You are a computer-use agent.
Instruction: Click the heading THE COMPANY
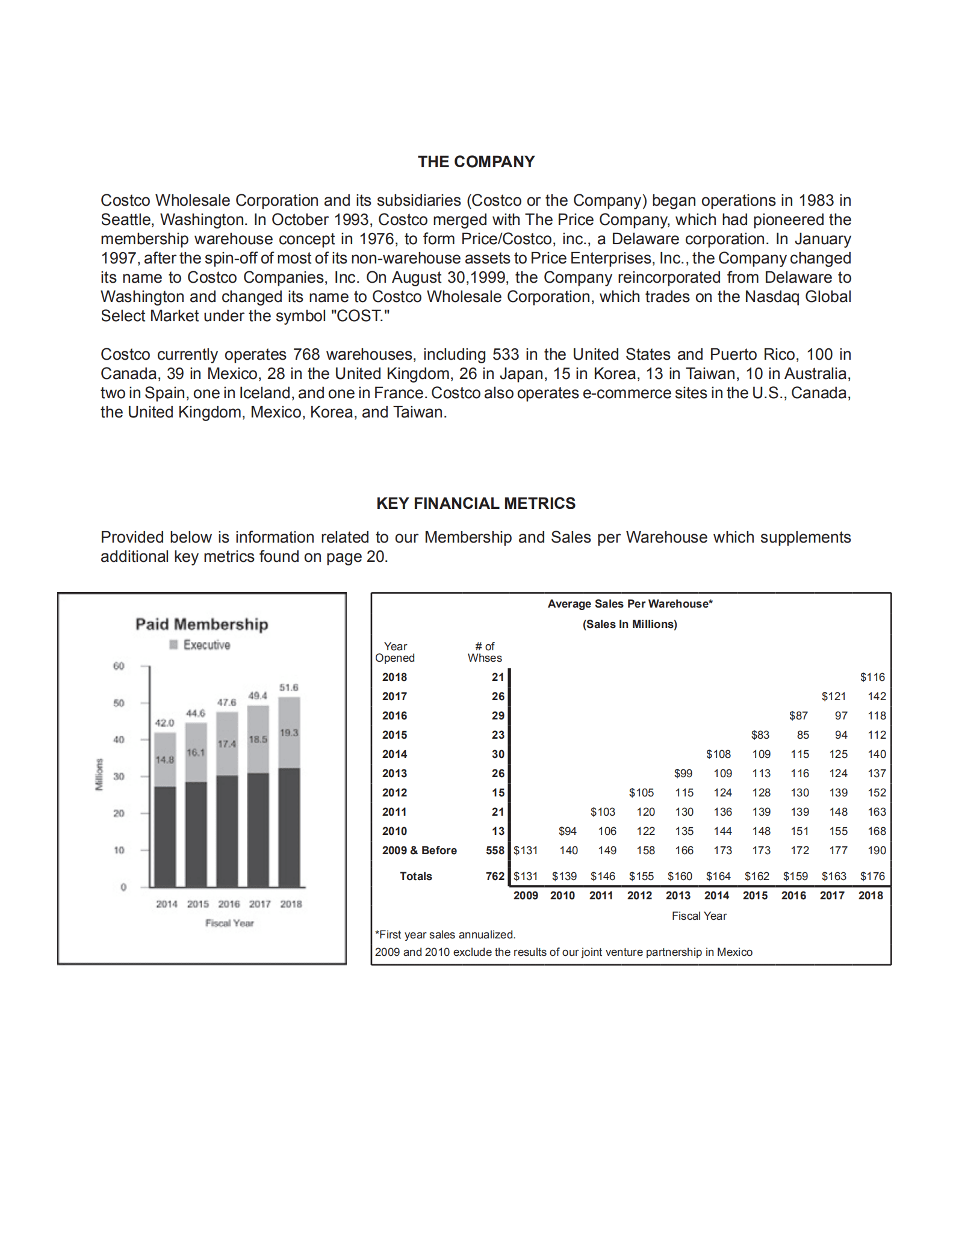pyautogui.click(x=476, y=162)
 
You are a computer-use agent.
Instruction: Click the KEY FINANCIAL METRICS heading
pyautogui.click(x=476, y=503)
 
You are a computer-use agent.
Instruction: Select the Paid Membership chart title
pyautogui.click(x=202, y=624)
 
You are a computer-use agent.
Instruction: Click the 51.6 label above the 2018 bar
pyautogui.click(x=289, y=688)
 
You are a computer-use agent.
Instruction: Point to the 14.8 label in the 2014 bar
pyautogui.click(x=164, y=760)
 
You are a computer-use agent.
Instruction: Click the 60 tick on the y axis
pyautogui.click(x=119, y=666)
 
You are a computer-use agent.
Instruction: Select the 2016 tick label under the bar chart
pyautogui.click(x=229, y=904)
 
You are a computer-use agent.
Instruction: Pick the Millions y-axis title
pyautogui.click(x=100, y=774)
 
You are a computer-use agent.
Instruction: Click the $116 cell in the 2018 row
pyautogui.click(x=872, y=677)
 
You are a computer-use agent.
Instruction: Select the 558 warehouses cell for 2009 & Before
pyautogui.click(x=495, y=851)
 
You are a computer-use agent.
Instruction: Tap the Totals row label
pyautogui.click(x=415, y=876)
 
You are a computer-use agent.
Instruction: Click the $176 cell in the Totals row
pyautogui.click(x=872, y=876)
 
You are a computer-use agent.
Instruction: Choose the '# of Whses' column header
pyautogui.click(x=485, y=652)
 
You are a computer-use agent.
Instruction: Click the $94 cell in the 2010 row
pyautogui.click(x=567, y=831)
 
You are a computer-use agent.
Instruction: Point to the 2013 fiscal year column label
pyautogui.click(x=678, y=896)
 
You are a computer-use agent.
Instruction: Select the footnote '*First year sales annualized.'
pyautogui.click(x=445, y=935)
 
